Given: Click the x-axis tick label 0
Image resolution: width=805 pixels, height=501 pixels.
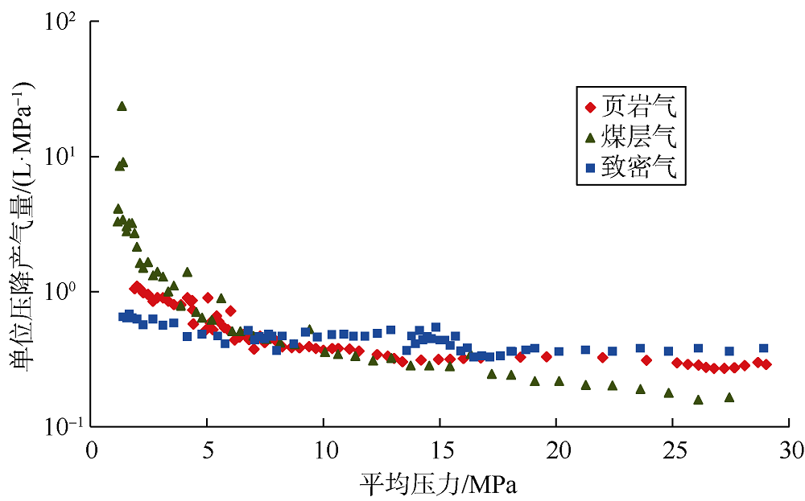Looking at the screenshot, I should pos(91,446).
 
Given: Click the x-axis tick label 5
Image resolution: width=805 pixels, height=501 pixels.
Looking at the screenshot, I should pos(207,446).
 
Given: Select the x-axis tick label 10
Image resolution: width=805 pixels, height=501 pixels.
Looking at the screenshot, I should pos(323,446).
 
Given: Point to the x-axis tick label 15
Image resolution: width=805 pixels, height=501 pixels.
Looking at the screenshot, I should pos(440,446).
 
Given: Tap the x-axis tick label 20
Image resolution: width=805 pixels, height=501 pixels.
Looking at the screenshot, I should pos(555,446).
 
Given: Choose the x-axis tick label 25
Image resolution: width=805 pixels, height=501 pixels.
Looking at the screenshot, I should pos(671,446).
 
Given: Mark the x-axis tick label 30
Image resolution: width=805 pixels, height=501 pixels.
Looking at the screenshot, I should pos(788,446).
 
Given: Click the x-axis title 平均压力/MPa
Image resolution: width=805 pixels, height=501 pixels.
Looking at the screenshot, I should pos(439,483).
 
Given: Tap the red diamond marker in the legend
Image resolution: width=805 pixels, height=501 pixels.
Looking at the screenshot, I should pos(591,105).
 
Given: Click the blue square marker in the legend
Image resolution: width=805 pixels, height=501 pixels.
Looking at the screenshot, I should pos(591,170).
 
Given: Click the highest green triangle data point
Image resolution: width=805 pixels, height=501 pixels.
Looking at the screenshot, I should pos(122,105).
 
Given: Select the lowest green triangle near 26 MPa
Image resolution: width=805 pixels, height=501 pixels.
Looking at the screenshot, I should pos(698,400).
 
